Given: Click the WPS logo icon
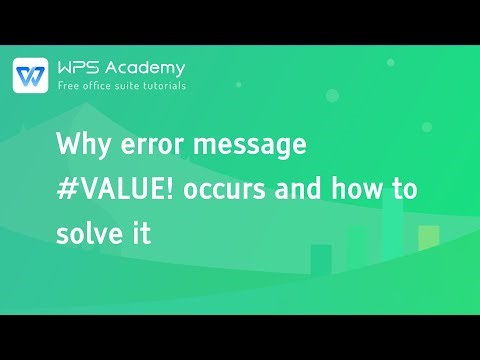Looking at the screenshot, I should [x=31, y=75].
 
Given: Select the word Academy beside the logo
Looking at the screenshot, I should [x=149, y=68].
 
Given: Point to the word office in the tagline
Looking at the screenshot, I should [x=105, y=86].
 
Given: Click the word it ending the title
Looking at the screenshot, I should [x=142, y=235].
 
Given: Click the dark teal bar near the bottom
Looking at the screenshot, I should [x=321, y=259].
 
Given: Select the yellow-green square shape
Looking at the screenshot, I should [x=429, y=236].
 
